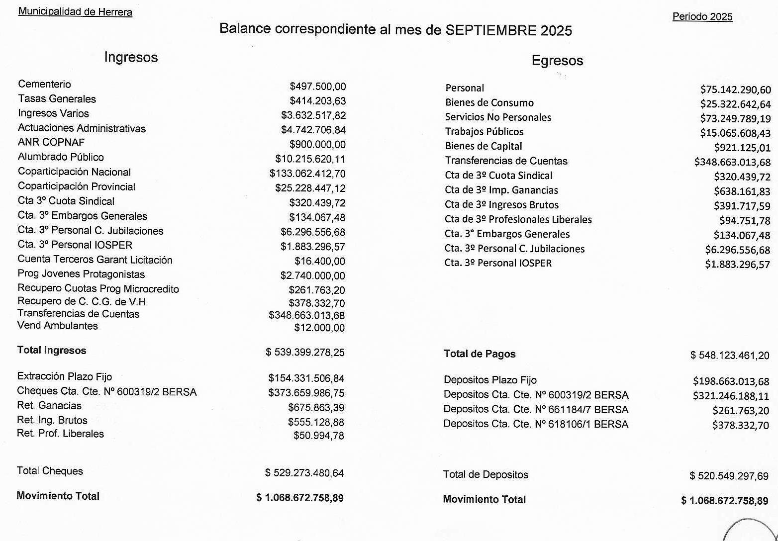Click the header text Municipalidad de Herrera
[x=75, y=11]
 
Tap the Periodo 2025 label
[x=702, y=16]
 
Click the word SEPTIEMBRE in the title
[x=491, y=30]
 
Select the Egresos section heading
[x=557, y=61]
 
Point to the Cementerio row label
[x=44, y=84]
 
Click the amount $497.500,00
[x=317, y=87]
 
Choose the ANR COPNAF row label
[x=51, y=142]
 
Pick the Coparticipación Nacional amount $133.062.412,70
[x=307, y=174]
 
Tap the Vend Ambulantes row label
[x=57, y=326]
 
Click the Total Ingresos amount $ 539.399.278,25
[x=305, y=352]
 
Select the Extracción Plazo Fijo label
[x=64, y=376]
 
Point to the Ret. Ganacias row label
[x=49, y=405]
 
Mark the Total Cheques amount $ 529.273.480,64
[x=304, y=473]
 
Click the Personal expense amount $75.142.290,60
[x=735, y=90]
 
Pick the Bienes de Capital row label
[x=483, y=146]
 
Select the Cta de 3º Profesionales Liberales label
[x=518, y=219]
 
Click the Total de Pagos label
[x=480, y=354]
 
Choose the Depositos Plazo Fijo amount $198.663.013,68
[x=731, y=381]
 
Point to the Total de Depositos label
[x=486, y=474]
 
